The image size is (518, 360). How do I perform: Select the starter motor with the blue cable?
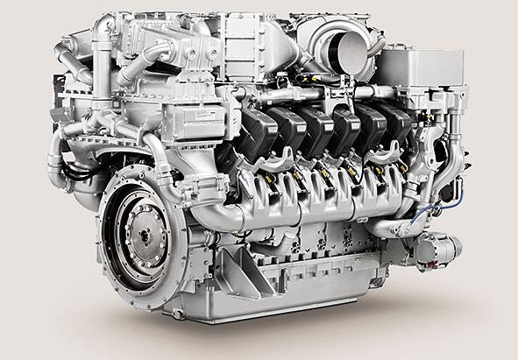tap(436, 249)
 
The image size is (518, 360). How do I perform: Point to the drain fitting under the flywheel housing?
tap(180, 311)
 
